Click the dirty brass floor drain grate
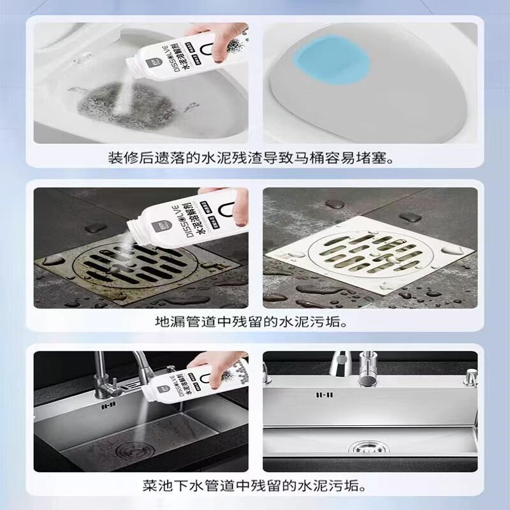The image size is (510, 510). (x=127, y=265)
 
